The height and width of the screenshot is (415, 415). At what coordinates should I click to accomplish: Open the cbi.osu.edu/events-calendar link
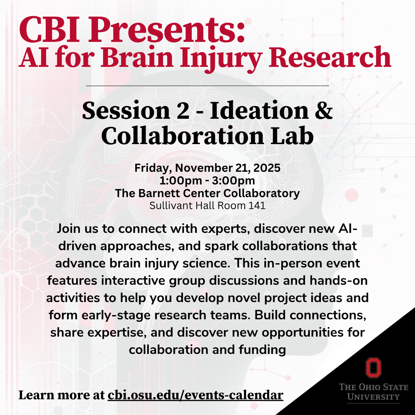(196, 395)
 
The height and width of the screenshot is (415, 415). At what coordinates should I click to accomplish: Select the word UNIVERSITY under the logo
(373, 397)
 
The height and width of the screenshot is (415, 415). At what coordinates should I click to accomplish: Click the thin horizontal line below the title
(207, 86)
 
